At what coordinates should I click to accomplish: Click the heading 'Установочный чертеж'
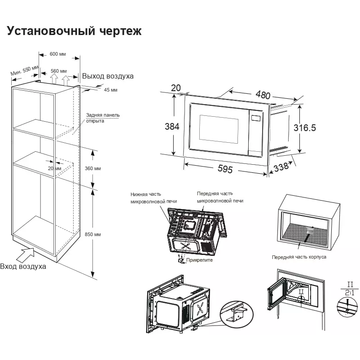tap(74, 31)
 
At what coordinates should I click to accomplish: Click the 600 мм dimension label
tap(58, 54)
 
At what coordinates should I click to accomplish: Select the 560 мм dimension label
tap(58, 71)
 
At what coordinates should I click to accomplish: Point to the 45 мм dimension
tap(110, 90)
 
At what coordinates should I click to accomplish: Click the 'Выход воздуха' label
tap(108, 76)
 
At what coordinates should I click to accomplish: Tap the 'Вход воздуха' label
tap(23, 266)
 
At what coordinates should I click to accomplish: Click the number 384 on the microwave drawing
tap(172, 127)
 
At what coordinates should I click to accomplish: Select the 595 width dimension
tap(224, 169)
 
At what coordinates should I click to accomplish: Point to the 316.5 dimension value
tap(305, 127)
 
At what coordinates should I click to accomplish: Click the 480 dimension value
tap(263, 95)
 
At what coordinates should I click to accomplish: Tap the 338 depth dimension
tap(281, 167)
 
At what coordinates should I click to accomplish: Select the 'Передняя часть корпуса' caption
tap(299, 257)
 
